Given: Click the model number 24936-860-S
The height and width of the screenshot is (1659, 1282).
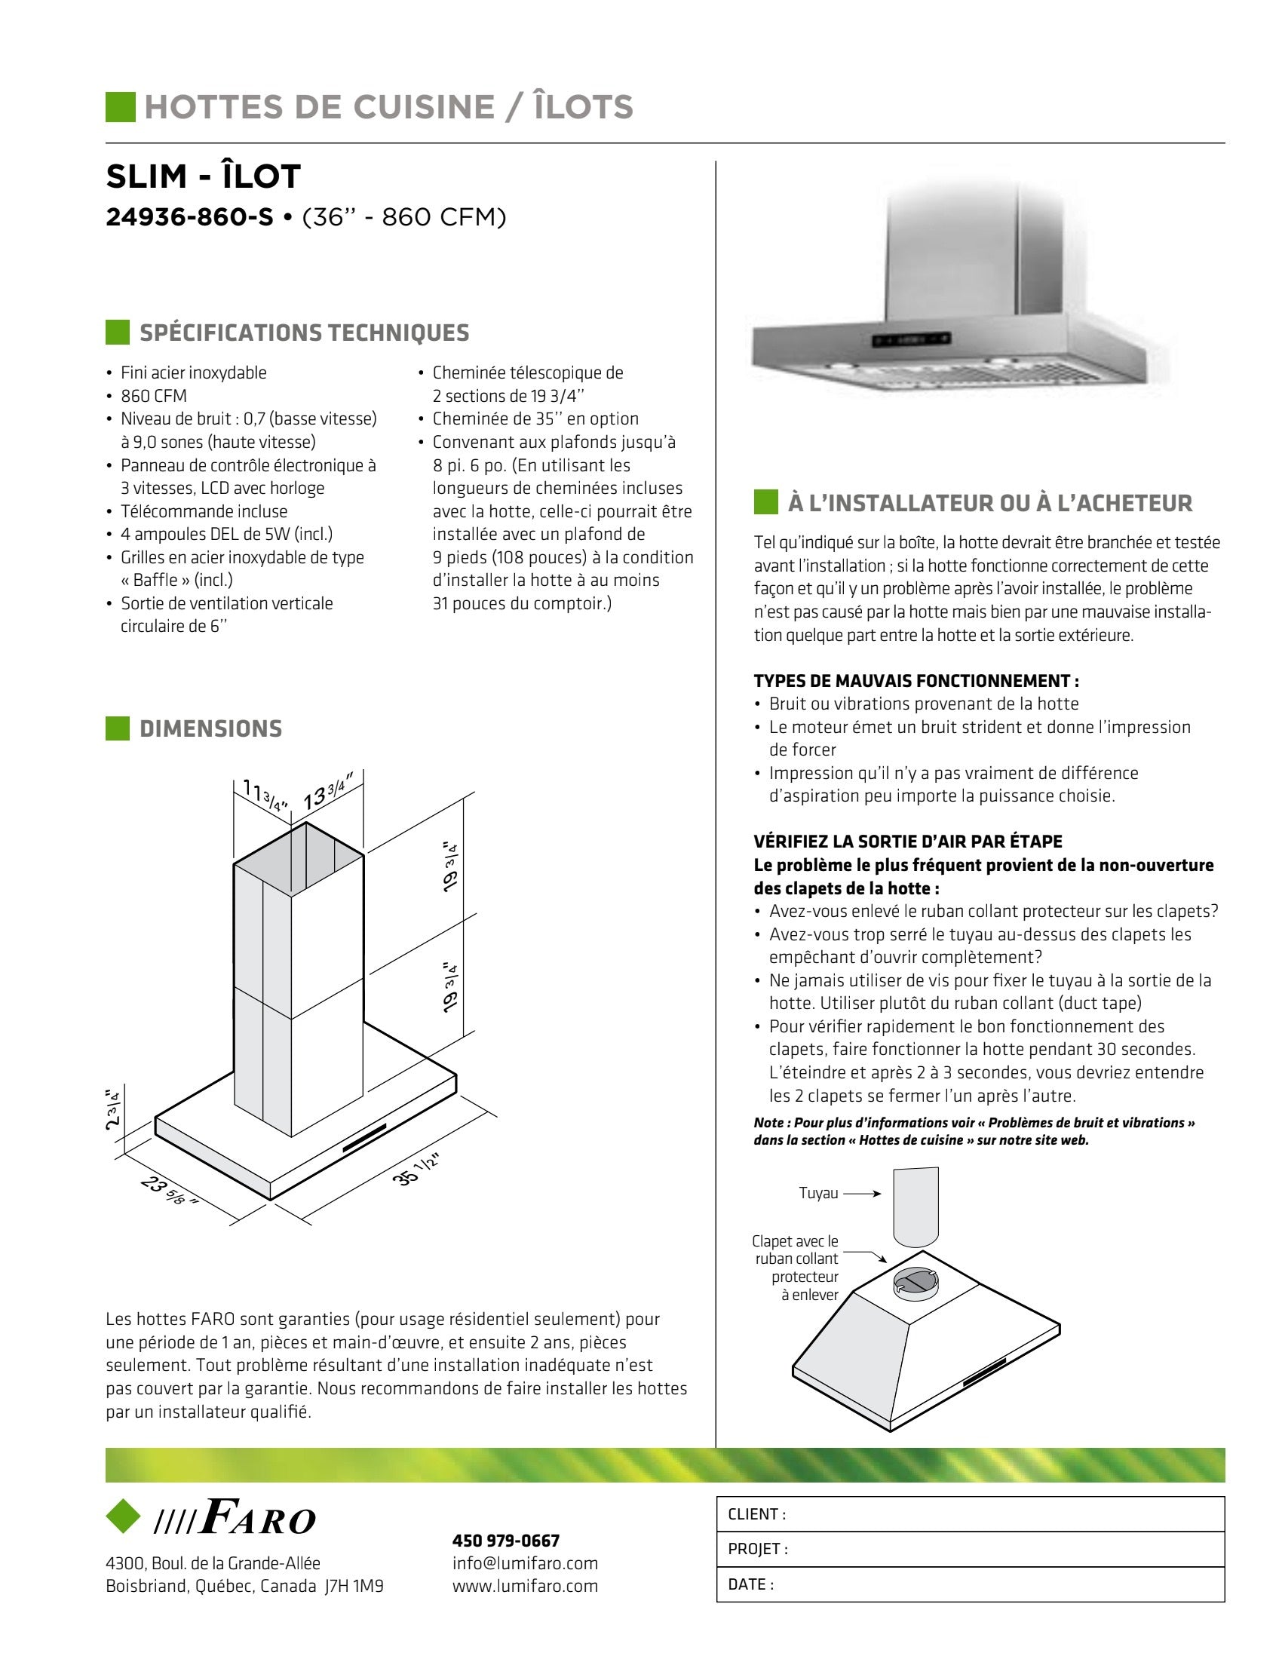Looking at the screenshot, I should pos(189,217).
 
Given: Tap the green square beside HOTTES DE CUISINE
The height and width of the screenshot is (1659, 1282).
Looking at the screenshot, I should pos(120,106).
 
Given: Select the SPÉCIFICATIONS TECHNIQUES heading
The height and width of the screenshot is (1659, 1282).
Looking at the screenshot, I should pos(304,333).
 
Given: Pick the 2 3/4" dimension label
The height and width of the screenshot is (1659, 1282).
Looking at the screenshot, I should pos(113,1109).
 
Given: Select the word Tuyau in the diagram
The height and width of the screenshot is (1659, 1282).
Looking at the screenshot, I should pos(818,1194).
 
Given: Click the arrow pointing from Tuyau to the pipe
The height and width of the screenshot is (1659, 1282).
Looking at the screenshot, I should pos(862,1194).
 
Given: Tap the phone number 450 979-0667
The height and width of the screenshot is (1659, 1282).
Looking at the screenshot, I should pos(506,1541).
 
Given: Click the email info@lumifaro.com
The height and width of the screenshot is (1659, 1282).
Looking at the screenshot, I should pos(525,1563).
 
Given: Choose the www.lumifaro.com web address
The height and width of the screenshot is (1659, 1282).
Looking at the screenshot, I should pos(525,1586).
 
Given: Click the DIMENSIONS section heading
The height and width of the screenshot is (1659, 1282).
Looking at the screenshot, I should pos(210,728).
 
